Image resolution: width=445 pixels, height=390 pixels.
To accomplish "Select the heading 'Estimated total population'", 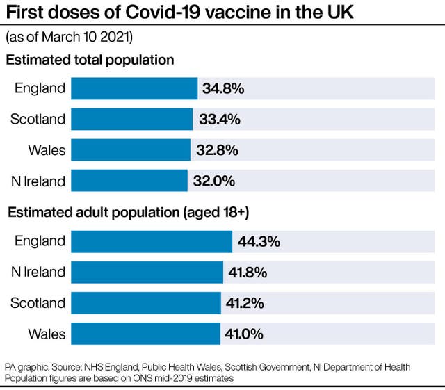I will (x=90, y=60).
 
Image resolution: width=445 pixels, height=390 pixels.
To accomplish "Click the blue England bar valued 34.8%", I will (x=134, y=88).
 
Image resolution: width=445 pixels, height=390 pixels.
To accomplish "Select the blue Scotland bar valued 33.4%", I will (x=131, y=119).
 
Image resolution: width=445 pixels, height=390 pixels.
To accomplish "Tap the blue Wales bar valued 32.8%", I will (x=130, y=150).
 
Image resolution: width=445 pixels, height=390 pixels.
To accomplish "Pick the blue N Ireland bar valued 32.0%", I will (x=129, y=181).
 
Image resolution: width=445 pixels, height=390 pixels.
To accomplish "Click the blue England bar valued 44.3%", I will (x=151, y=241).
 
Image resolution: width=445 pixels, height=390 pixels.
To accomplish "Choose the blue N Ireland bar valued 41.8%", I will (x=147, y=272).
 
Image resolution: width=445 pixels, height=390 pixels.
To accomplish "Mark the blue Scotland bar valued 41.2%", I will (x=145, y=303).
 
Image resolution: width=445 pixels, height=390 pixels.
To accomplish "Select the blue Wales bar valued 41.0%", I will (x=145, y=334).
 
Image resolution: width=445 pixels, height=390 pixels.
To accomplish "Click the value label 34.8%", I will (x=223, y=89).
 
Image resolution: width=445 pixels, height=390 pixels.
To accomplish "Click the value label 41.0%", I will (x=244, y=334).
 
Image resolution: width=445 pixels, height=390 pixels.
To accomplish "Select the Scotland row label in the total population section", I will (x=38, y=120).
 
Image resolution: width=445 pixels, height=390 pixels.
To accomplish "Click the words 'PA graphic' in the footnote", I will (x=24, y=367).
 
